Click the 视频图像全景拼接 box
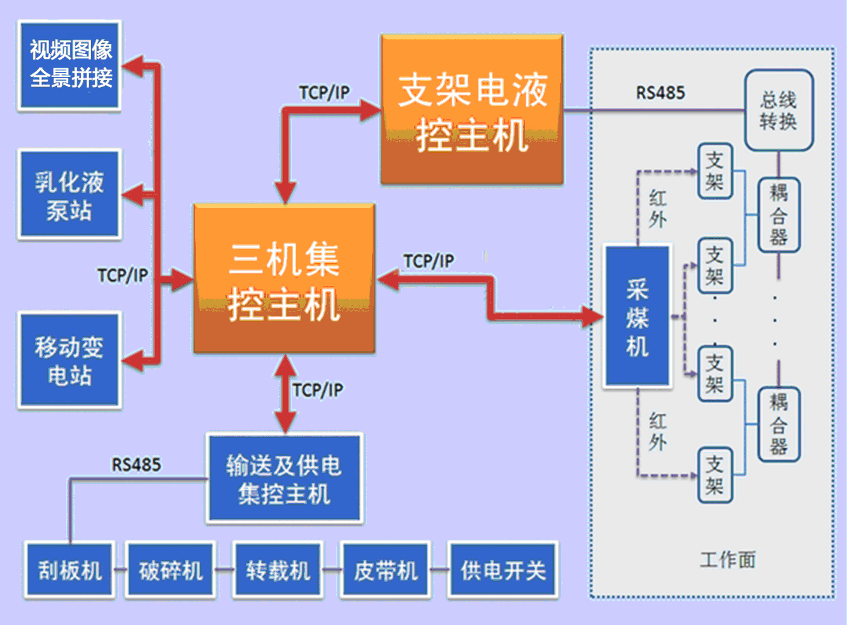70,65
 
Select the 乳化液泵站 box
70,195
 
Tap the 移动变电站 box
70,360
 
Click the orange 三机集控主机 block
284,278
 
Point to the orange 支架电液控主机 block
472,110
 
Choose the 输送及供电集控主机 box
284,478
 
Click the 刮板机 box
70,570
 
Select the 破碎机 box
171,570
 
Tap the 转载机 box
278,570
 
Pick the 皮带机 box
385,570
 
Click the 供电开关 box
503,570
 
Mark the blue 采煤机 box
637,316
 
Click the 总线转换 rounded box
779,110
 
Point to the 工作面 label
728,559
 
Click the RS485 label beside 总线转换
660,93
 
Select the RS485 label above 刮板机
136,465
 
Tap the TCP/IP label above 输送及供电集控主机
317,390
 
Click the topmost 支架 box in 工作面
715,171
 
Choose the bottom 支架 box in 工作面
715,475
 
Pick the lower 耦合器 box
779,424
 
